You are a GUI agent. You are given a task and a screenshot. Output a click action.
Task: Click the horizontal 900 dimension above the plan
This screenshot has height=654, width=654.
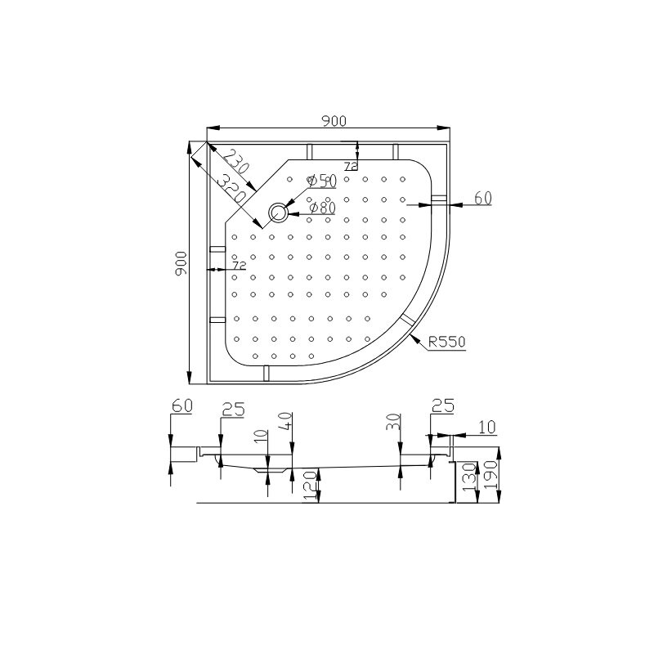coord(334,121)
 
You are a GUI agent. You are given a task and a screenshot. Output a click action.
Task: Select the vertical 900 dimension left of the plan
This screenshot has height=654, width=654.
coord(181,263)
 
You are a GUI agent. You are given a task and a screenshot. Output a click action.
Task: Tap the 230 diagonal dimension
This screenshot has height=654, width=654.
coord(235,161)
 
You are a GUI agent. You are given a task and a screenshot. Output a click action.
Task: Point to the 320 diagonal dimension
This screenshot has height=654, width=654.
coord(231,189)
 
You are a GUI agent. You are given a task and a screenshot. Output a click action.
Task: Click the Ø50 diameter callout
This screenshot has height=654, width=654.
coord(321,181)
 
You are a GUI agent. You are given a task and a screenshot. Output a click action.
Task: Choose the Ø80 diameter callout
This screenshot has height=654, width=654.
coord(322,208)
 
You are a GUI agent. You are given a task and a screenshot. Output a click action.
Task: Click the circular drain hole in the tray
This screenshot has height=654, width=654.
coord(278,213)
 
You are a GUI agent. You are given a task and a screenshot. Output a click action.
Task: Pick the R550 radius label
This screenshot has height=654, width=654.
coord(446,342)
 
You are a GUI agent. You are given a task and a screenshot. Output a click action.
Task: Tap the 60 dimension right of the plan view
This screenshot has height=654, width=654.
coord(483,198)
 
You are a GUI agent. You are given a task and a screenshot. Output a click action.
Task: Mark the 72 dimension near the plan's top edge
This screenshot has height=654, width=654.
coord(352,166)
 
